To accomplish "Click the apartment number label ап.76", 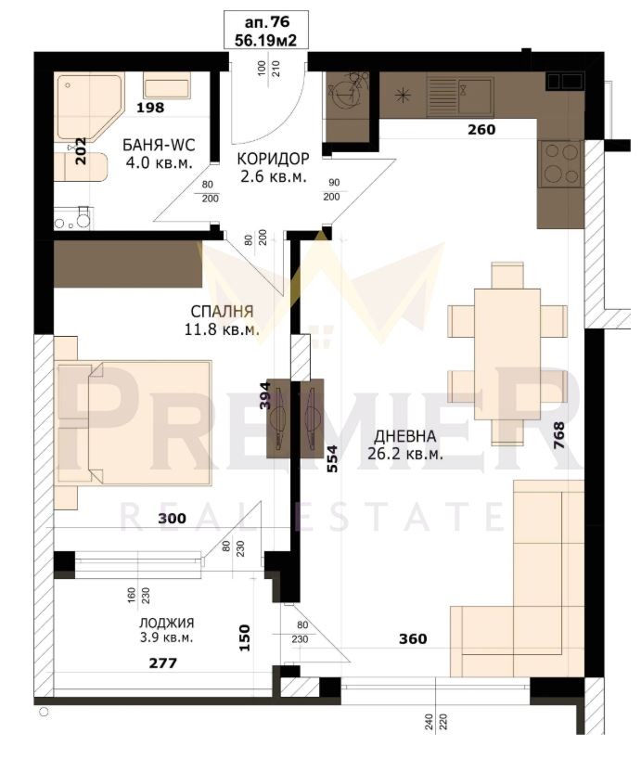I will point(267,22).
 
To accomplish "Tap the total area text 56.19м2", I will point(267,40).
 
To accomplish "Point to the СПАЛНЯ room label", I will point(222,311).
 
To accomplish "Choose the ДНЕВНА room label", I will point(406,437).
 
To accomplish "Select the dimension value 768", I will point(558,435).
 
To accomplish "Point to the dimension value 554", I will point(331,460).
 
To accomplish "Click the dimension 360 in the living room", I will point(413,638).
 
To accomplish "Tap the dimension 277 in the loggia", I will point(161,663).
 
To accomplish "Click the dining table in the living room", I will point(506,353).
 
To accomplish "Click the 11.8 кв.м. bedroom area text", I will point(222,328).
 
